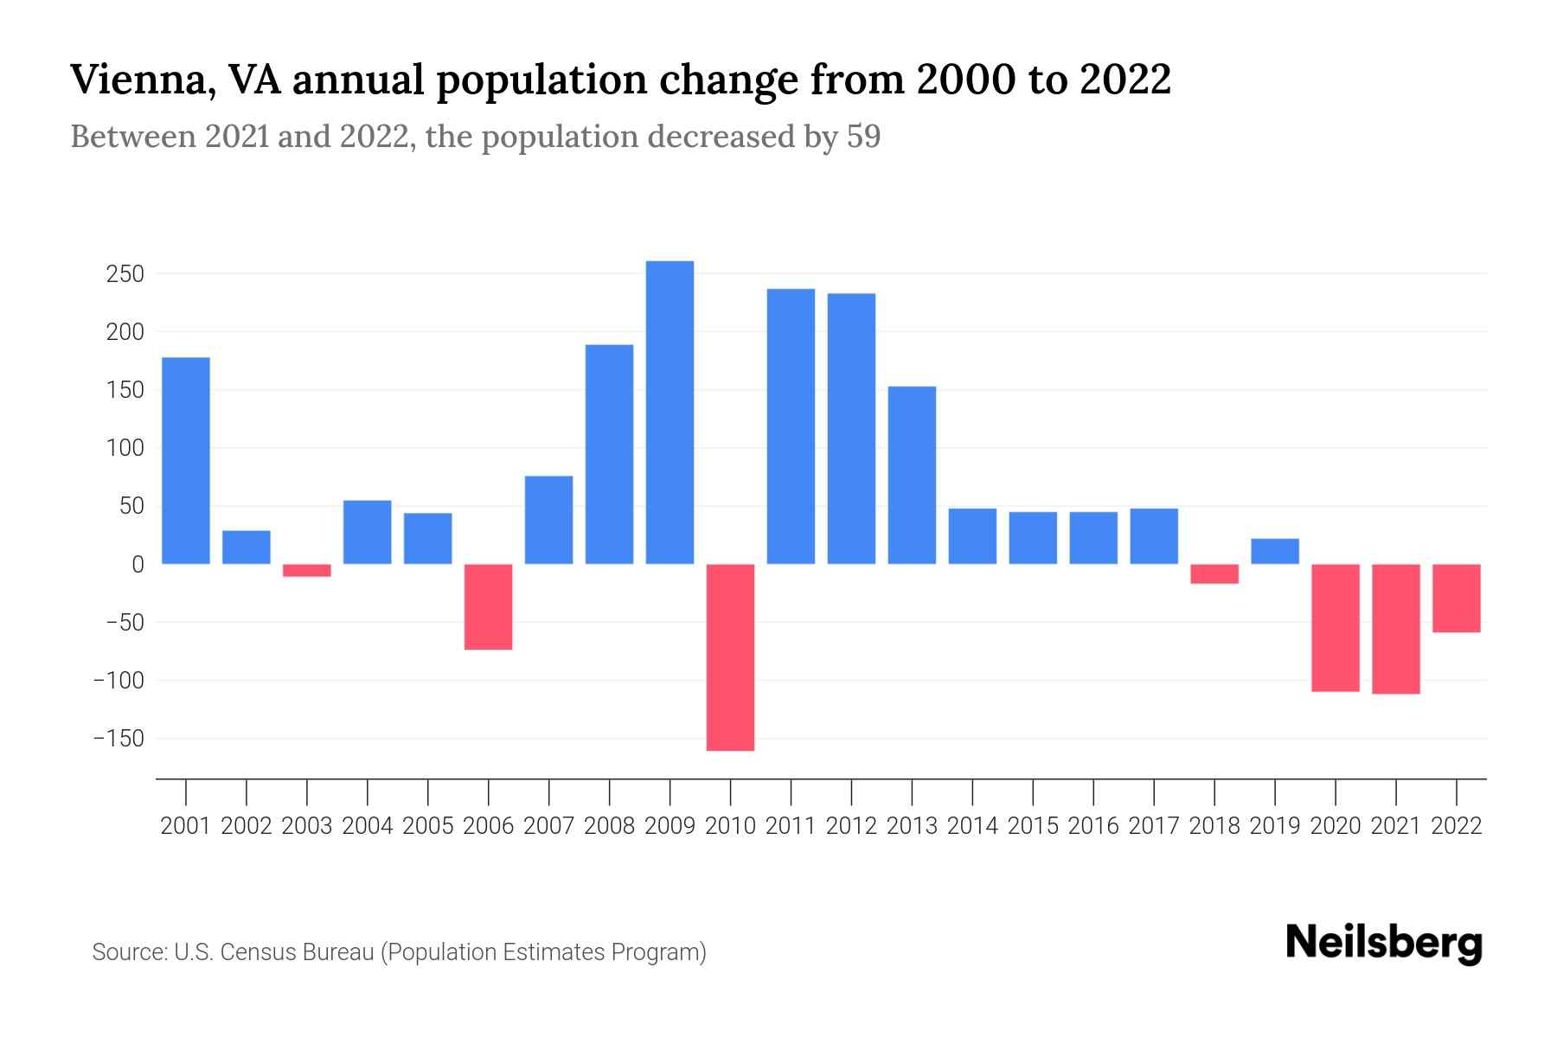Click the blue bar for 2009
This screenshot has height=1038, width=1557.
670,413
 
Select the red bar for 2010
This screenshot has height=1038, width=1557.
730,657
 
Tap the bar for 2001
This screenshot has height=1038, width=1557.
186,460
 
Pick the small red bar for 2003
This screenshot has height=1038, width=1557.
307,570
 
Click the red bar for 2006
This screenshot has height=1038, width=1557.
489,606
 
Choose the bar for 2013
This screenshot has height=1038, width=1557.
912,475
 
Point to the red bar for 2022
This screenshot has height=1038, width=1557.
1457,598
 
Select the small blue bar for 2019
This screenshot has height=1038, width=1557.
1275,551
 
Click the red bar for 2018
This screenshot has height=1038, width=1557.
1214,573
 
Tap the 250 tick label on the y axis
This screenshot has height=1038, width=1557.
125,274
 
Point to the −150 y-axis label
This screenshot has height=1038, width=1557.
119,739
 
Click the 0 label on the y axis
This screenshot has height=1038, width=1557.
138,565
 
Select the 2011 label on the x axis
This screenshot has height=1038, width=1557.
791,826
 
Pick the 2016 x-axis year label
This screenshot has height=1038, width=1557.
1093,826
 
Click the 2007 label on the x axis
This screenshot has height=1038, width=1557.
548,826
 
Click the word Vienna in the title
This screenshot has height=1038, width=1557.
134,80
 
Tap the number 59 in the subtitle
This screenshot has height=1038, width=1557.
863,137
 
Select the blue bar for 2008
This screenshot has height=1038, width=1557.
609,454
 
